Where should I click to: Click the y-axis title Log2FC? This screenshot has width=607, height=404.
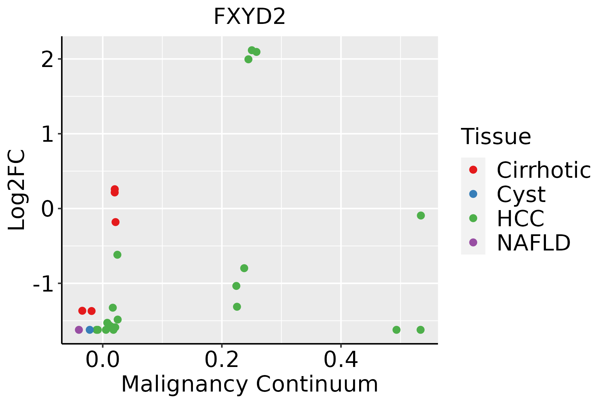[x=17, y=190]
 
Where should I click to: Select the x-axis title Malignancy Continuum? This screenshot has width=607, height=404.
[x=250, y=384]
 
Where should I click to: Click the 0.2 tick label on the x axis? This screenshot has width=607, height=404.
[x=222, y=360]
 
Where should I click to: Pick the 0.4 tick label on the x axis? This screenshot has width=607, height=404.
[x=341, y=360]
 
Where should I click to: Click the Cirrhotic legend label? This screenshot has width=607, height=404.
[x=544, y=170]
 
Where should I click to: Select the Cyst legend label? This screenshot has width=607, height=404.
[x=521, y=194]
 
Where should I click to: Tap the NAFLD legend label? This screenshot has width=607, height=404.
[x=533, y=243]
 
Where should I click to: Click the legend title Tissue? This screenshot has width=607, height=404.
[x=496, y=137]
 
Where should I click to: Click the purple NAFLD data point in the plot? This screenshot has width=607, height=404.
[x=79, y=330]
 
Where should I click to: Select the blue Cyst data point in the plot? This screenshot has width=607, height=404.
[x=90, y=330]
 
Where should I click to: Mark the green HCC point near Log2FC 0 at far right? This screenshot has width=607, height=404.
[x=421, y=215]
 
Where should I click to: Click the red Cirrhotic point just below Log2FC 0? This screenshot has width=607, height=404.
[x=115, y=222]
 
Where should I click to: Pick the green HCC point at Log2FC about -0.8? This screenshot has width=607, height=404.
[x=244, y=268]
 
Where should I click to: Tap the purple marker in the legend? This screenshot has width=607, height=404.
[x=473, y=242]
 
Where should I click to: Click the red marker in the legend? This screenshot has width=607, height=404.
[x=473, y=170]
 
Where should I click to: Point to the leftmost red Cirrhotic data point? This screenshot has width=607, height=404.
[x=82, y=311]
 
